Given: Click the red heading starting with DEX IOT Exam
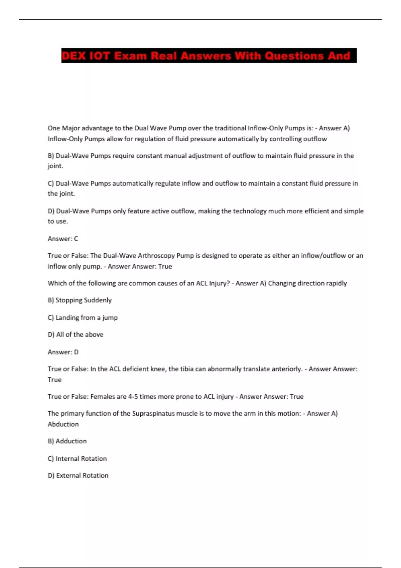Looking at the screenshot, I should click(x=209, y=56).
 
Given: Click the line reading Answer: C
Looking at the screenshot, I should click(x=63, y=239).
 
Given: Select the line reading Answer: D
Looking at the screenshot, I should click(x=63, y=352).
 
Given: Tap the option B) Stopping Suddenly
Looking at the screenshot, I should click(x=80, y=300).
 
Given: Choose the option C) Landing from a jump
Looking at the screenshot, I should click(x=83, y=318).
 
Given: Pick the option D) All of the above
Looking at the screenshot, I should click(x=76, y=335).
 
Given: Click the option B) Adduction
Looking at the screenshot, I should click(x=67, y=441).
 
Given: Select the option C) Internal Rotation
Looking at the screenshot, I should click(x=77, y=459).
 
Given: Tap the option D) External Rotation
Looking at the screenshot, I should click(x=78, y=475).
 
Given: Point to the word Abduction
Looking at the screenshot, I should click(x=63, y=424).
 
